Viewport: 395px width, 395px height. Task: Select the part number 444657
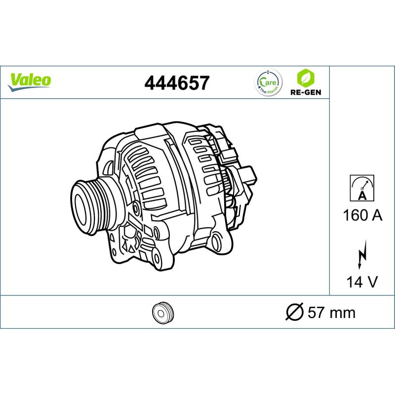click(177, 83)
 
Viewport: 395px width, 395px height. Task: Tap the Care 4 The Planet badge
click(269, 82)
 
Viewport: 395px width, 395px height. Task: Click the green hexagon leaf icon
click(306, 78)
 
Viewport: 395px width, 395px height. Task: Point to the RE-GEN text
click(306, 92)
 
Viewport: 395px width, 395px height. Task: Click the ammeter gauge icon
click(362, 188)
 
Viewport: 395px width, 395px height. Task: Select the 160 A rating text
click(362, 215)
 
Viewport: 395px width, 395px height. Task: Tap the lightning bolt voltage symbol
click(362, 255)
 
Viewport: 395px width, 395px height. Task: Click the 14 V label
click(362, 281)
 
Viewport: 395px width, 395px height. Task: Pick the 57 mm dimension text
click(331, 313)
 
